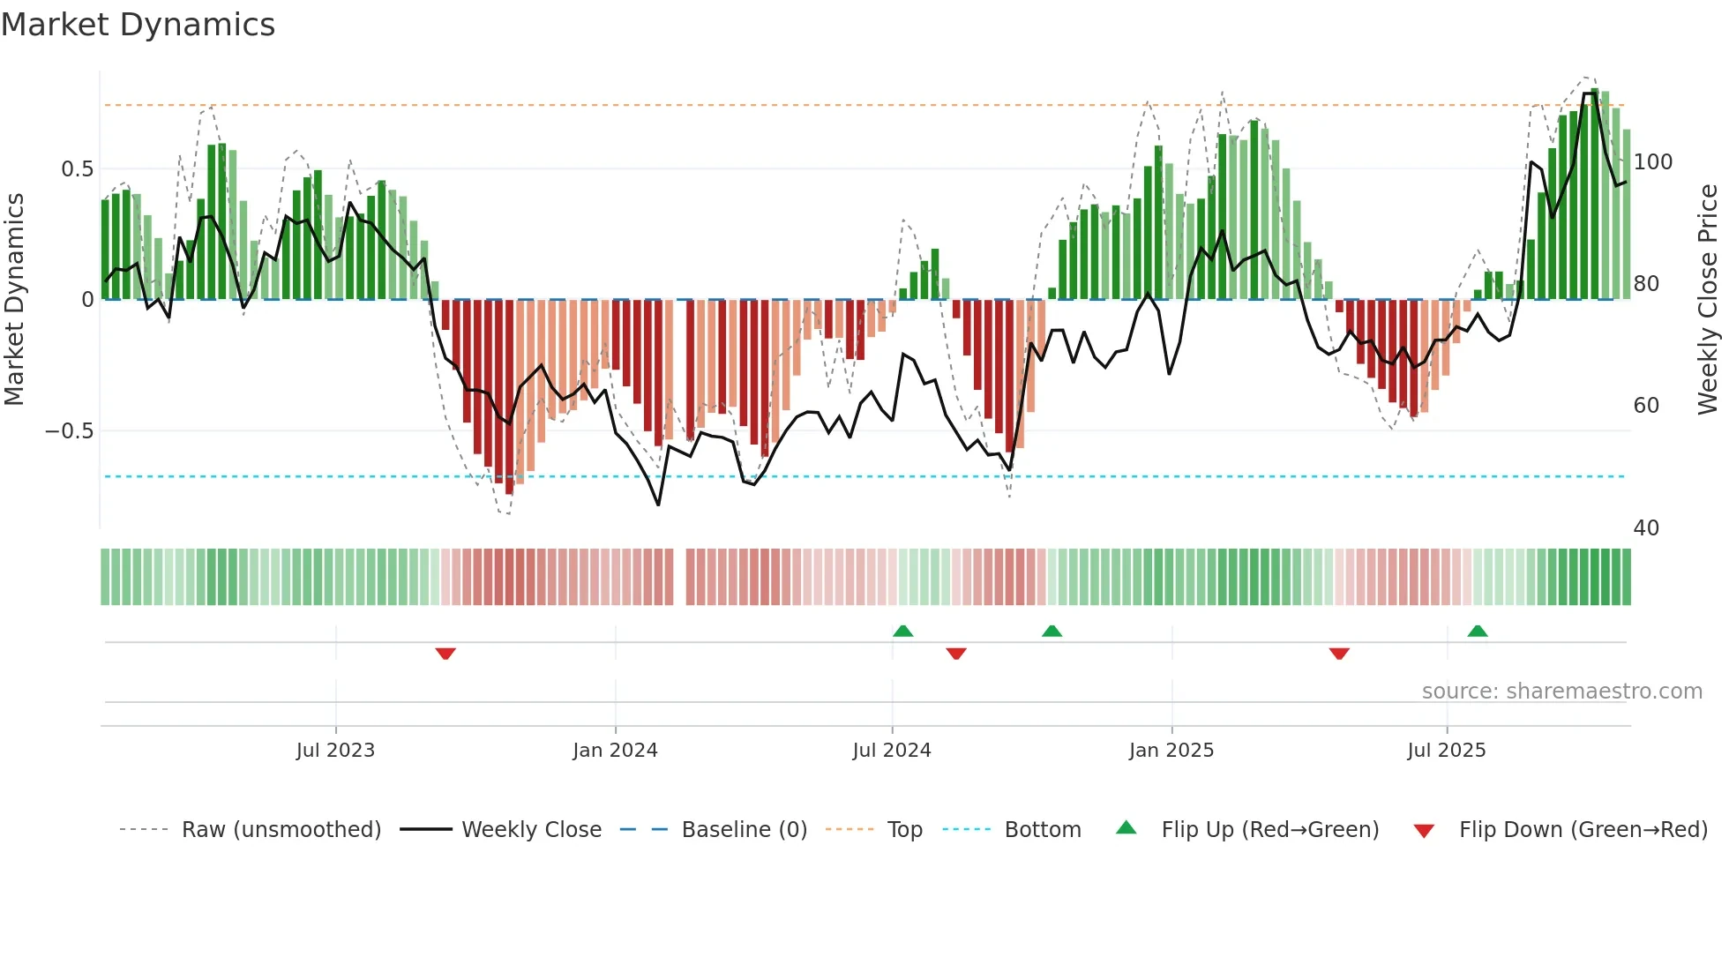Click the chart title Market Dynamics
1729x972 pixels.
[x=138, y=25]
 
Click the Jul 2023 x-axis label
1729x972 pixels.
[x=335, y=751]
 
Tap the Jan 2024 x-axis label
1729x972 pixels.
[x=615, y=751]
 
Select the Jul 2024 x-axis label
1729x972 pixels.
[x=892, y=751]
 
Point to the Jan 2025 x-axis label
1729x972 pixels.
[x=1171, y=751]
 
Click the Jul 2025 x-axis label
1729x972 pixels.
[x=1447, y=751]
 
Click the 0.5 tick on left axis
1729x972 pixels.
[x=77, y=169]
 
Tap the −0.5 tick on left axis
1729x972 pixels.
[x=70, y=431]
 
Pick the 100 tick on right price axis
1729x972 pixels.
[x=1652, y=162]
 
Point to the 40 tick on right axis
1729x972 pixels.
[x=1646, y=528]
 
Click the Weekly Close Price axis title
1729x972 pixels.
[x=1708, y=300]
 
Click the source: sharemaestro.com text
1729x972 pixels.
[x=1561, y=692]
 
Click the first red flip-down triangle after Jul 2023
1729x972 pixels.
[x=445, y=654]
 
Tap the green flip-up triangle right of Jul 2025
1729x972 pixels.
[x=1478, y=631]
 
